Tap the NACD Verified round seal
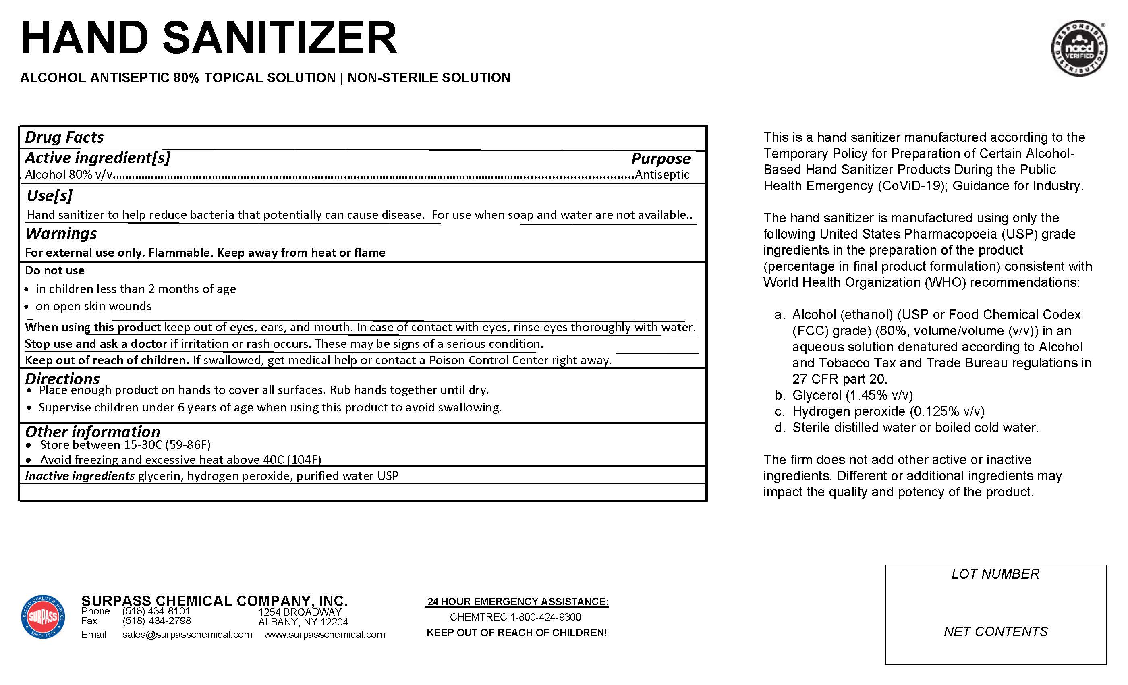pos(1079,48)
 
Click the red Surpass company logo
pos(43,616)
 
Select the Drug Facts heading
pos(64,137)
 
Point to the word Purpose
pos(661,158)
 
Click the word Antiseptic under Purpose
pos(661,174)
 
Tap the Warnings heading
pos(61,234)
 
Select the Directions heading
pos(62,379)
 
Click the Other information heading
pos(93,431)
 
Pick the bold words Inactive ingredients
pos(80,476)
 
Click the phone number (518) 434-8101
pos(156,611)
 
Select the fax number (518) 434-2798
pos(157,621)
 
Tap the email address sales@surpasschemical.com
pos(187,635)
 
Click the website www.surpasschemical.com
pos(324,635)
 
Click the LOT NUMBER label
pos(995,574)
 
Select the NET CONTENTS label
pos(995,632)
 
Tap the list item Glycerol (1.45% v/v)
pos(852,395)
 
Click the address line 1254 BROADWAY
pos(299,612)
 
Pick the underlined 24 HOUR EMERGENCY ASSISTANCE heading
pos(517,602)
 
